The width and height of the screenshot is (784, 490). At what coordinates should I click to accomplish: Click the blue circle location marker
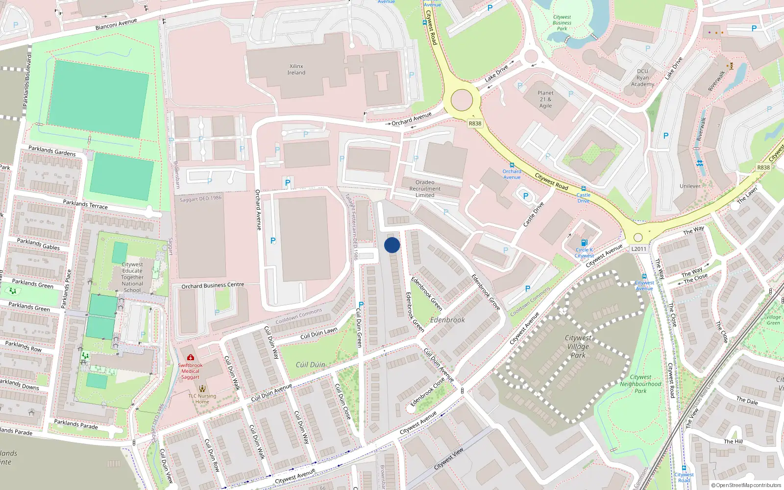(x=392, y=245)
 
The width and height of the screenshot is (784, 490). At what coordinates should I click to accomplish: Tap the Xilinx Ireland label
(x=296, y=70)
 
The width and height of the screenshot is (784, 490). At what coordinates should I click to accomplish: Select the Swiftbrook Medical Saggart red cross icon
(x=191, y=358)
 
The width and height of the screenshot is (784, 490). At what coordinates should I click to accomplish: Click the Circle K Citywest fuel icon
(x=584, y=243)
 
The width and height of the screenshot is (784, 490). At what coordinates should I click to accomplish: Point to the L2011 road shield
(x=638, y=249)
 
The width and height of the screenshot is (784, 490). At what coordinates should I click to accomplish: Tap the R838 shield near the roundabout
(x=475, y=123)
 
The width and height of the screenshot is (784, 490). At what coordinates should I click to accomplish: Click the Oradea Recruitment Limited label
(x=425, y=189)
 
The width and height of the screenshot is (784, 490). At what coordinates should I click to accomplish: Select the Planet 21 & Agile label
(x=545, y=99)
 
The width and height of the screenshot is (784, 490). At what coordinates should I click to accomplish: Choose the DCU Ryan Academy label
(x=642, y=77)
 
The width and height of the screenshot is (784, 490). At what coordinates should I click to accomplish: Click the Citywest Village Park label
(x=578, y=346)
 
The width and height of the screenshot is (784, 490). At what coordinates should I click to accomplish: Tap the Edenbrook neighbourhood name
(x=447, y=320)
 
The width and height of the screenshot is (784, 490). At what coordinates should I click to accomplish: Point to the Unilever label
(x=690, y=186)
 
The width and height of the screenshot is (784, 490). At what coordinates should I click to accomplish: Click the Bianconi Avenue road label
(x=116, y=24)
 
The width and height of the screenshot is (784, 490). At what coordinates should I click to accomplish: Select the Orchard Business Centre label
(x=213, y=285)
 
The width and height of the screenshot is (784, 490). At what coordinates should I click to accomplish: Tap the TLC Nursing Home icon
(x=202, y=389)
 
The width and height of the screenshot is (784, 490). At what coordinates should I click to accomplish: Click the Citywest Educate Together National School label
(x=132, y=277)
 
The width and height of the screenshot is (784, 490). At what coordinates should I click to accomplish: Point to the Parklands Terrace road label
(x=85, y=204)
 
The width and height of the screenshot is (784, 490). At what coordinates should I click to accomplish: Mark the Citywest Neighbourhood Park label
(x=640, y=384)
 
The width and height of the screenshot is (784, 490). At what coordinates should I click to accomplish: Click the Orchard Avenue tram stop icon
(x=512, y=165)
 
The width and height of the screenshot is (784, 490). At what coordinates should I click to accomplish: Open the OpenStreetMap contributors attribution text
(x=746, y=485)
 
